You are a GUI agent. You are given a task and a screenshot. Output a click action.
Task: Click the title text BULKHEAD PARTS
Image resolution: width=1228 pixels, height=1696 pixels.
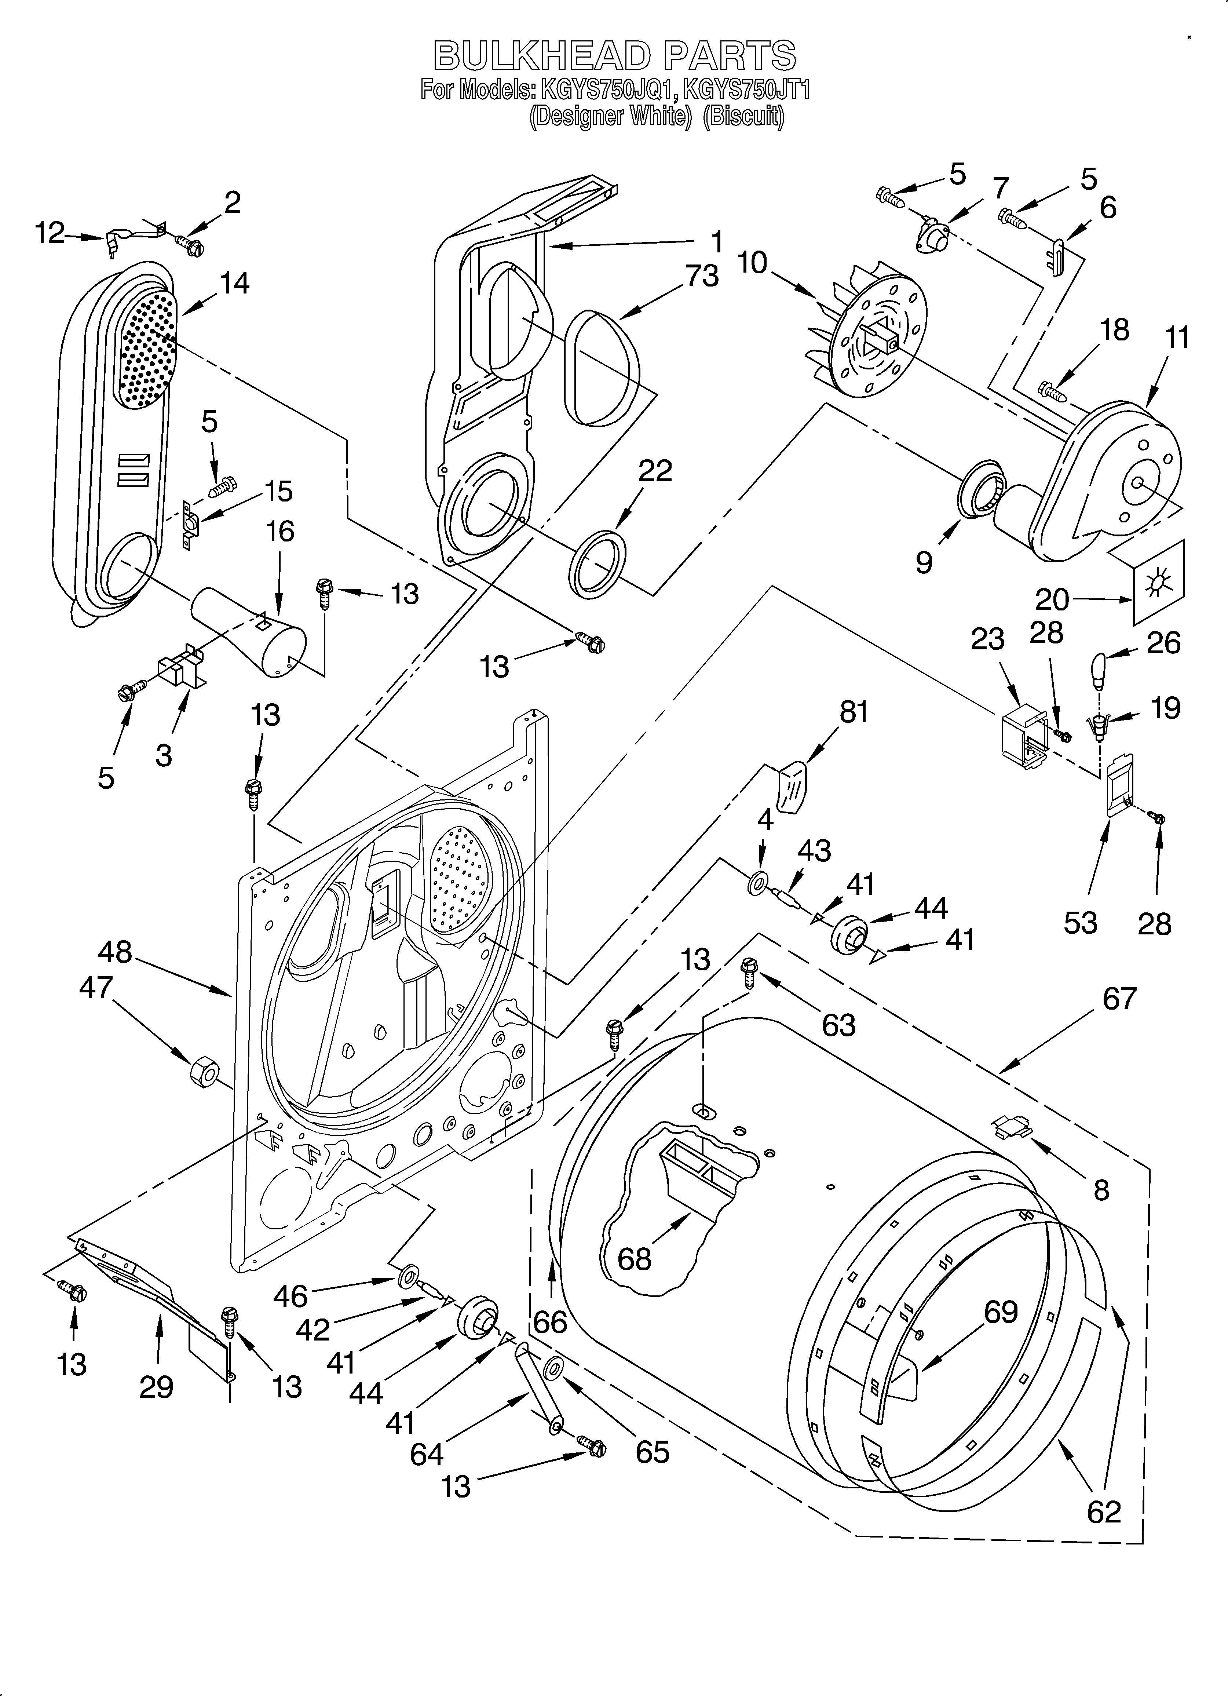click(x=615, y=56)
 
